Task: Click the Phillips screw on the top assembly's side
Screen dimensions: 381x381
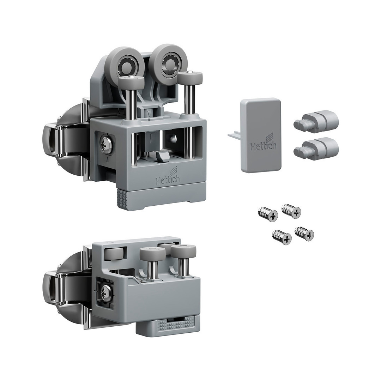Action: (106, 145)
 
